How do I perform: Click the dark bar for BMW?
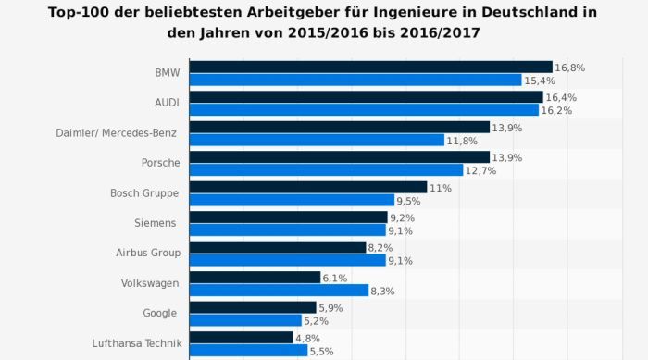point(370,67)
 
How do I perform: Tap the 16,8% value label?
point(570,68)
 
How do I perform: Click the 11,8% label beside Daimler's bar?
point(462,141)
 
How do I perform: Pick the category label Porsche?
point(160,162)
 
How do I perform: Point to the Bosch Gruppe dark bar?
point(307,187)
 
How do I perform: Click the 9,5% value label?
point(409,201)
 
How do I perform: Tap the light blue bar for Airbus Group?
point(287,260)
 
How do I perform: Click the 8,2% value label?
point(380,248)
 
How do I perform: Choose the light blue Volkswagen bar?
point(278,291)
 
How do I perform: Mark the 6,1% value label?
point(335,278)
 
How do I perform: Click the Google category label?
point(162,313)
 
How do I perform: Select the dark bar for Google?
point(253,307)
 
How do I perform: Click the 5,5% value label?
point(322,352)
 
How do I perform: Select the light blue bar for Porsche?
point(326,170)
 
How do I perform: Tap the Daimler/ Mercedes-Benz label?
point(117,132)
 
